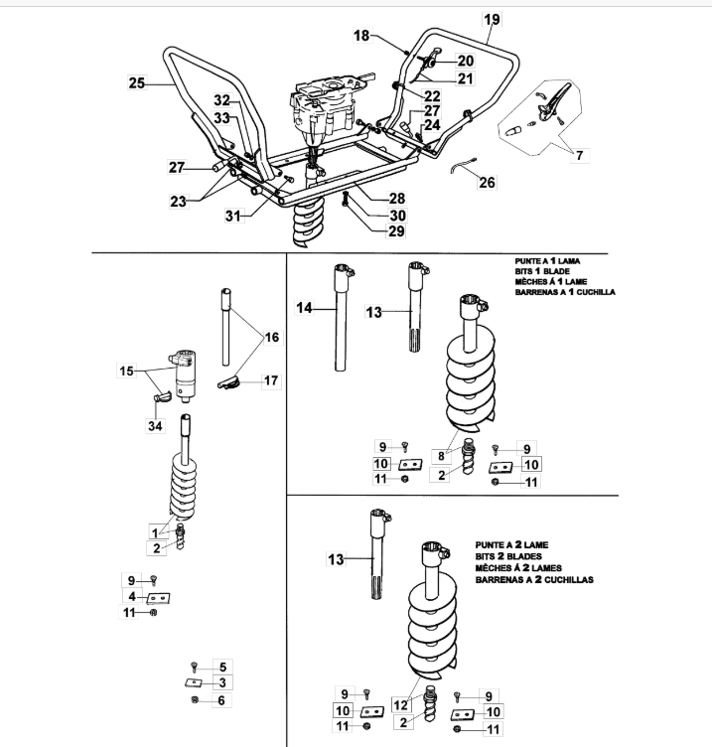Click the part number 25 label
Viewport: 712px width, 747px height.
[x=137, y=84]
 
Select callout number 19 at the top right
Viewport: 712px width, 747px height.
[x=493, y=19]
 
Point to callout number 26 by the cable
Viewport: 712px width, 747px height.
[x=487, y=183]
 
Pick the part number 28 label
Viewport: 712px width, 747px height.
[x=368, y=199]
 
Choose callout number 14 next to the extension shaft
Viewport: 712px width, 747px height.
[x=305, y=309]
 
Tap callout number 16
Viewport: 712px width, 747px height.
[x=271, y=338]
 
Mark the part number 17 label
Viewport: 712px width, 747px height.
[x=271, y=380]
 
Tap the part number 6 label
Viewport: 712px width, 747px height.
[x=221, y=700]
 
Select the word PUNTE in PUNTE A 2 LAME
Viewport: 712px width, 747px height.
[x=491, y=544]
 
